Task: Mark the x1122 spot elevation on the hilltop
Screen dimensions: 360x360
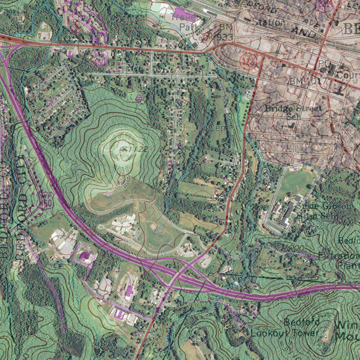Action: tap(134, 149)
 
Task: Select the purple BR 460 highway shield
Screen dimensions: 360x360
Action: tap(100, 58)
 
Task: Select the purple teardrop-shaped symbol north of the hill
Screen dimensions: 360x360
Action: tap(139, 97)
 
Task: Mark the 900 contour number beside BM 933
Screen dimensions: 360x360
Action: tap(207, 36)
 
